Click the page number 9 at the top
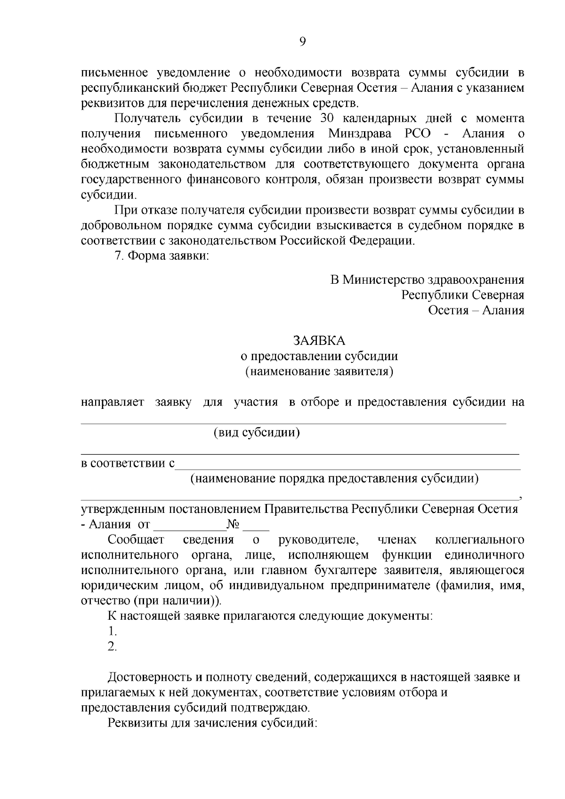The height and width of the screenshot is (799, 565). point(303,42)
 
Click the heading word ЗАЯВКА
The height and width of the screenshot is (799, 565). point(319,340)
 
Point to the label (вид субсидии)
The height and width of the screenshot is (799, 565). point(257,432)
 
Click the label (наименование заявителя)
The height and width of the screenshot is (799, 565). point(319,371)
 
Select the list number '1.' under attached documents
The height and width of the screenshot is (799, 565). point(112,631)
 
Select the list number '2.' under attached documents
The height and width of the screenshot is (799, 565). point(112,647)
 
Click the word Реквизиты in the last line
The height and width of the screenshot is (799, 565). point(138,723)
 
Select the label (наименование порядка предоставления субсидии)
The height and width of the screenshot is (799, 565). point(334,479)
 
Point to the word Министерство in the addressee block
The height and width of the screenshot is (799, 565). point(383,280)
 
